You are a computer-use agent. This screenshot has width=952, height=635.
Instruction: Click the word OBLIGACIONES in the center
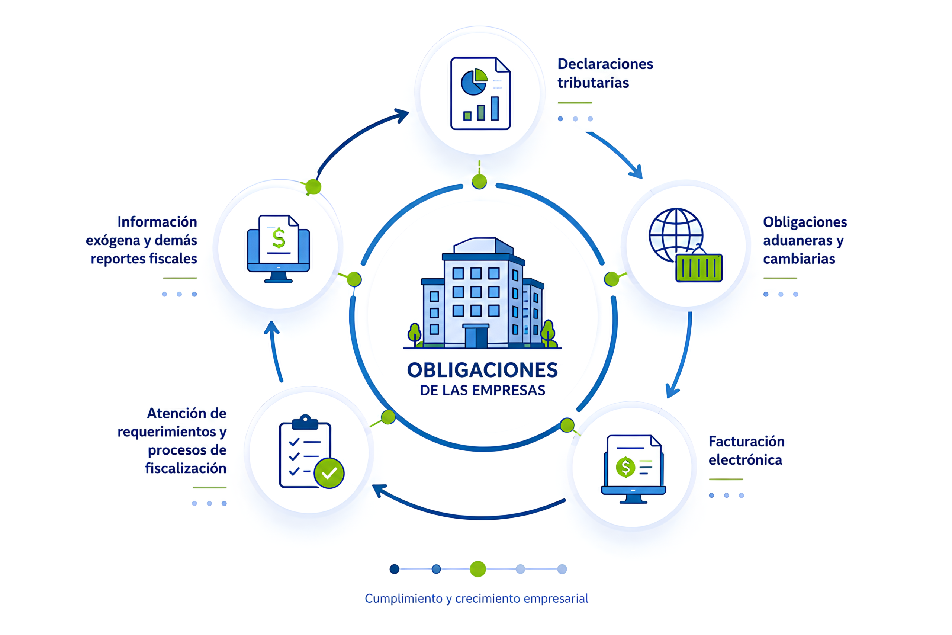pos(482,370)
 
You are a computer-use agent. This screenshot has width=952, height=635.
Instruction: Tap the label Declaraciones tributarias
pos(605,73)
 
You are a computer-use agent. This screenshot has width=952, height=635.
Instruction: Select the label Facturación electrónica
pos(746,450)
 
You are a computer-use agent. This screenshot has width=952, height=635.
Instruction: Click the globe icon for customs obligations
pos(676,235)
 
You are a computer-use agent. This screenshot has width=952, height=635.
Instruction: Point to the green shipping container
pos(699,268)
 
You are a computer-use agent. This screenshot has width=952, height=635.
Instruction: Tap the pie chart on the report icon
pos(475,82)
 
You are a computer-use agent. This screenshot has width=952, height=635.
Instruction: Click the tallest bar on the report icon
pos(495,109)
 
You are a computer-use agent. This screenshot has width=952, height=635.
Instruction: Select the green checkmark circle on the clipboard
pos(329,473)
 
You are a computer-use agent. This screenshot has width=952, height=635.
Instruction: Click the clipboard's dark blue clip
pos(305,422)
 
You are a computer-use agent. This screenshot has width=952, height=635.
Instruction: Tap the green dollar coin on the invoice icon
pos(625,467)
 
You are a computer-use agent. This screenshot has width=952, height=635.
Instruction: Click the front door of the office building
pos(476,337)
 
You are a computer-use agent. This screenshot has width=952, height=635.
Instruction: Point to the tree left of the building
pos(415,335)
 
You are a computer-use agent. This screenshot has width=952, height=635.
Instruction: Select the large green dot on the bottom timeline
pos(477,569)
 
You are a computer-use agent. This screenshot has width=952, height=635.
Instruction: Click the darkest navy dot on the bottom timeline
pos(394,569)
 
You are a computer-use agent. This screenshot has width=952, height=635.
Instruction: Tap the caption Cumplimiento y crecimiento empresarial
pos(476,599)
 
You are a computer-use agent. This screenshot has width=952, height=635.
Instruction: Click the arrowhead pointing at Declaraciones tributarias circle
pos(402,115)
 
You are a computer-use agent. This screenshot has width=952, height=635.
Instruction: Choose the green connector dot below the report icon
pos(479,182)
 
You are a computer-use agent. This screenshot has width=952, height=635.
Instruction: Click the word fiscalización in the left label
pos(186,468)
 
